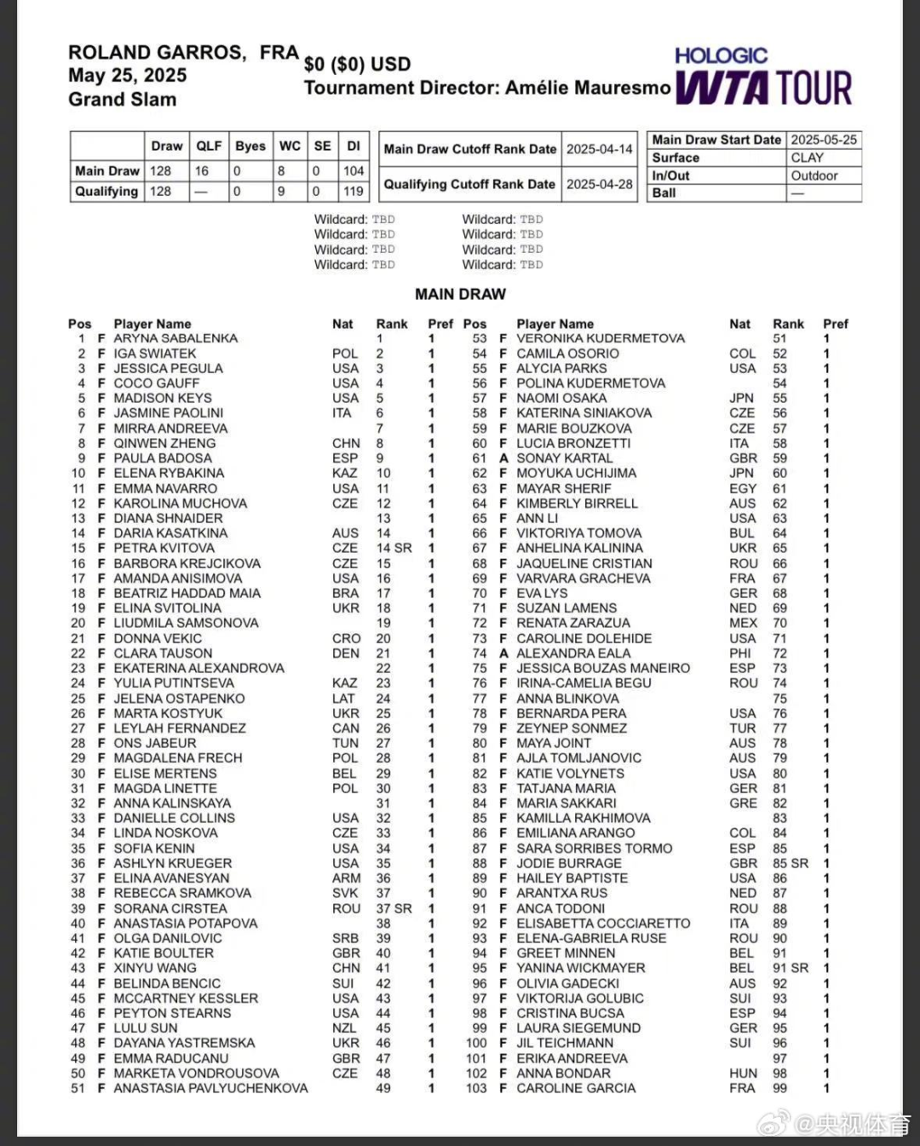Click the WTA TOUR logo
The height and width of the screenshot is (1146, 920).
point(764,88)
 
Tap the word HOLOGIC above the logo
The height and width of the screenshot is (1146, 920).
point(721,56)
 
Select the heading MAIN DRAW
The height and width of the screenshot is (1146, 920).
point(460,294)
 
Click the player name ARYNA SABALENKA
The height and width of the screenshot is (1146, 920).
point(175,338)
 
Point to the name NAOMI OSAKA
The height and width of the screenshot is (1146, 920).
point(561,398)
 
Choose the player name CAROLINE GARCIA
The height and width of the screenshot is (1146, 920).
point(576,1088)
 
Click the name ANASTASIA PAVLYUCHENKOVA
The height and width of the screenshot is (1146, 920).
point(210,1088)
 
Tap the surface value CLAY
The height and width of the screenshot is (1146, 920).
point(807,158)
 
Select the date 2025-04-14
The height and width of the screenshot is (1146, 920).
point(600,149)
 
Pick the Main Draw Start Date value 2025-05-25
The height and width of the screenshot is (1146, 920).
point(824,140)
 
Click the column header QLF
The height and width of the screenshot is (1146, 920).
point(209,146)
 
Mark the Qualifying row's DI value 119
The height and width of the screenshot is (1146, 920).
point(354,192)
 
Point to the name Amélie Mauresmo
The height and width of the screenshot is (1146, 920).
point(588,88)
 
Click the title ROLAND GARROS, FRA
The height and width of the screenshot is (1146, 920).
point(183,53)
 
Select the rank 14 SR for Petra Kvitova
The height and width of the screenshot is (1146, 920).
point(394,548)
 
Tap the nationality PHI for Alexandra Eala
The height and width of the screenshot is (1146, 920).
point(741,654)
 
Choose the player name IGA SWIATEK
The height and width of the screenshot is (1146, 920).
point(155,354)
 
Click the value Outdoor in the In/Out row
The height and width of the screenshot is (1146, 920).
point(814,176)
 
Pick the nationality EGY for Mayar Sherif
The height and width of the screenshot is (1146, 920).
point(742,488)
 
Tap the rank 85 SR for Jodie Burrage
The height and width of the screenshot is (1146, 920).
point(790,863)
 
